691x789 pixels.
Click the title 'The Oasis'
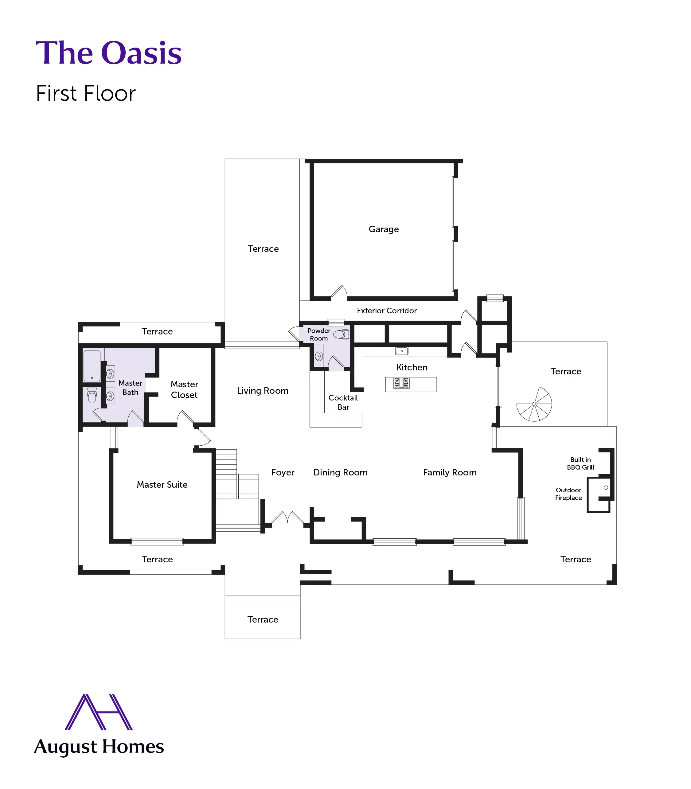tap(108, 53)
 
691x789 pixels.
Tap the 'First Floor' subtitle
tap(86, 93)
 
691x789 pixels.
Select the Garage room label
tap(384, 229)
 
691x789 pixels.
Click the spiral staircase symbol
tap(534, 404)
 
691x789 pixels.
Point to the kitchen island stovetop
tap(401, 383)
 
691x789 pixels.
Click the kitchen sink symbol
tap(402, 351)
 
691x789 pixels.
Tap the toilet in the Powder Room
tap(341, 334)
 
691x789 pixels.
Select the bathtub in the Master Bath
tap(92, 366)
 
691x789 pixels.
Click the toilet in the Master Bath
tap(92, 395)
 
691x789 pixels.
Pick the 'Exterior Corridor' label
tap(387, 311)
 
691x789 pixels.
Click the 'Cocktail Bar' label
tap(343, 402)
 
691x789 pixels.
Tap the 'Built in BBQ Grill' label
tap(580, 463)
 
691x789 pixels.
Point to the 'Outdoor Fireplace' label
tap(568, 494)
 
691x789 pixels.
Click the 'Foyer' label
tap(283, 472)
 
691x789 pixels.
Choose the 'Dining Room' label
tap(341, 472)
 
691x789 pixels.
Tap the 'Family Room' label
tap(450, 472)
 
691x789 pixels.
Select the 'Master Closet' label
tap(184, 389)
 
